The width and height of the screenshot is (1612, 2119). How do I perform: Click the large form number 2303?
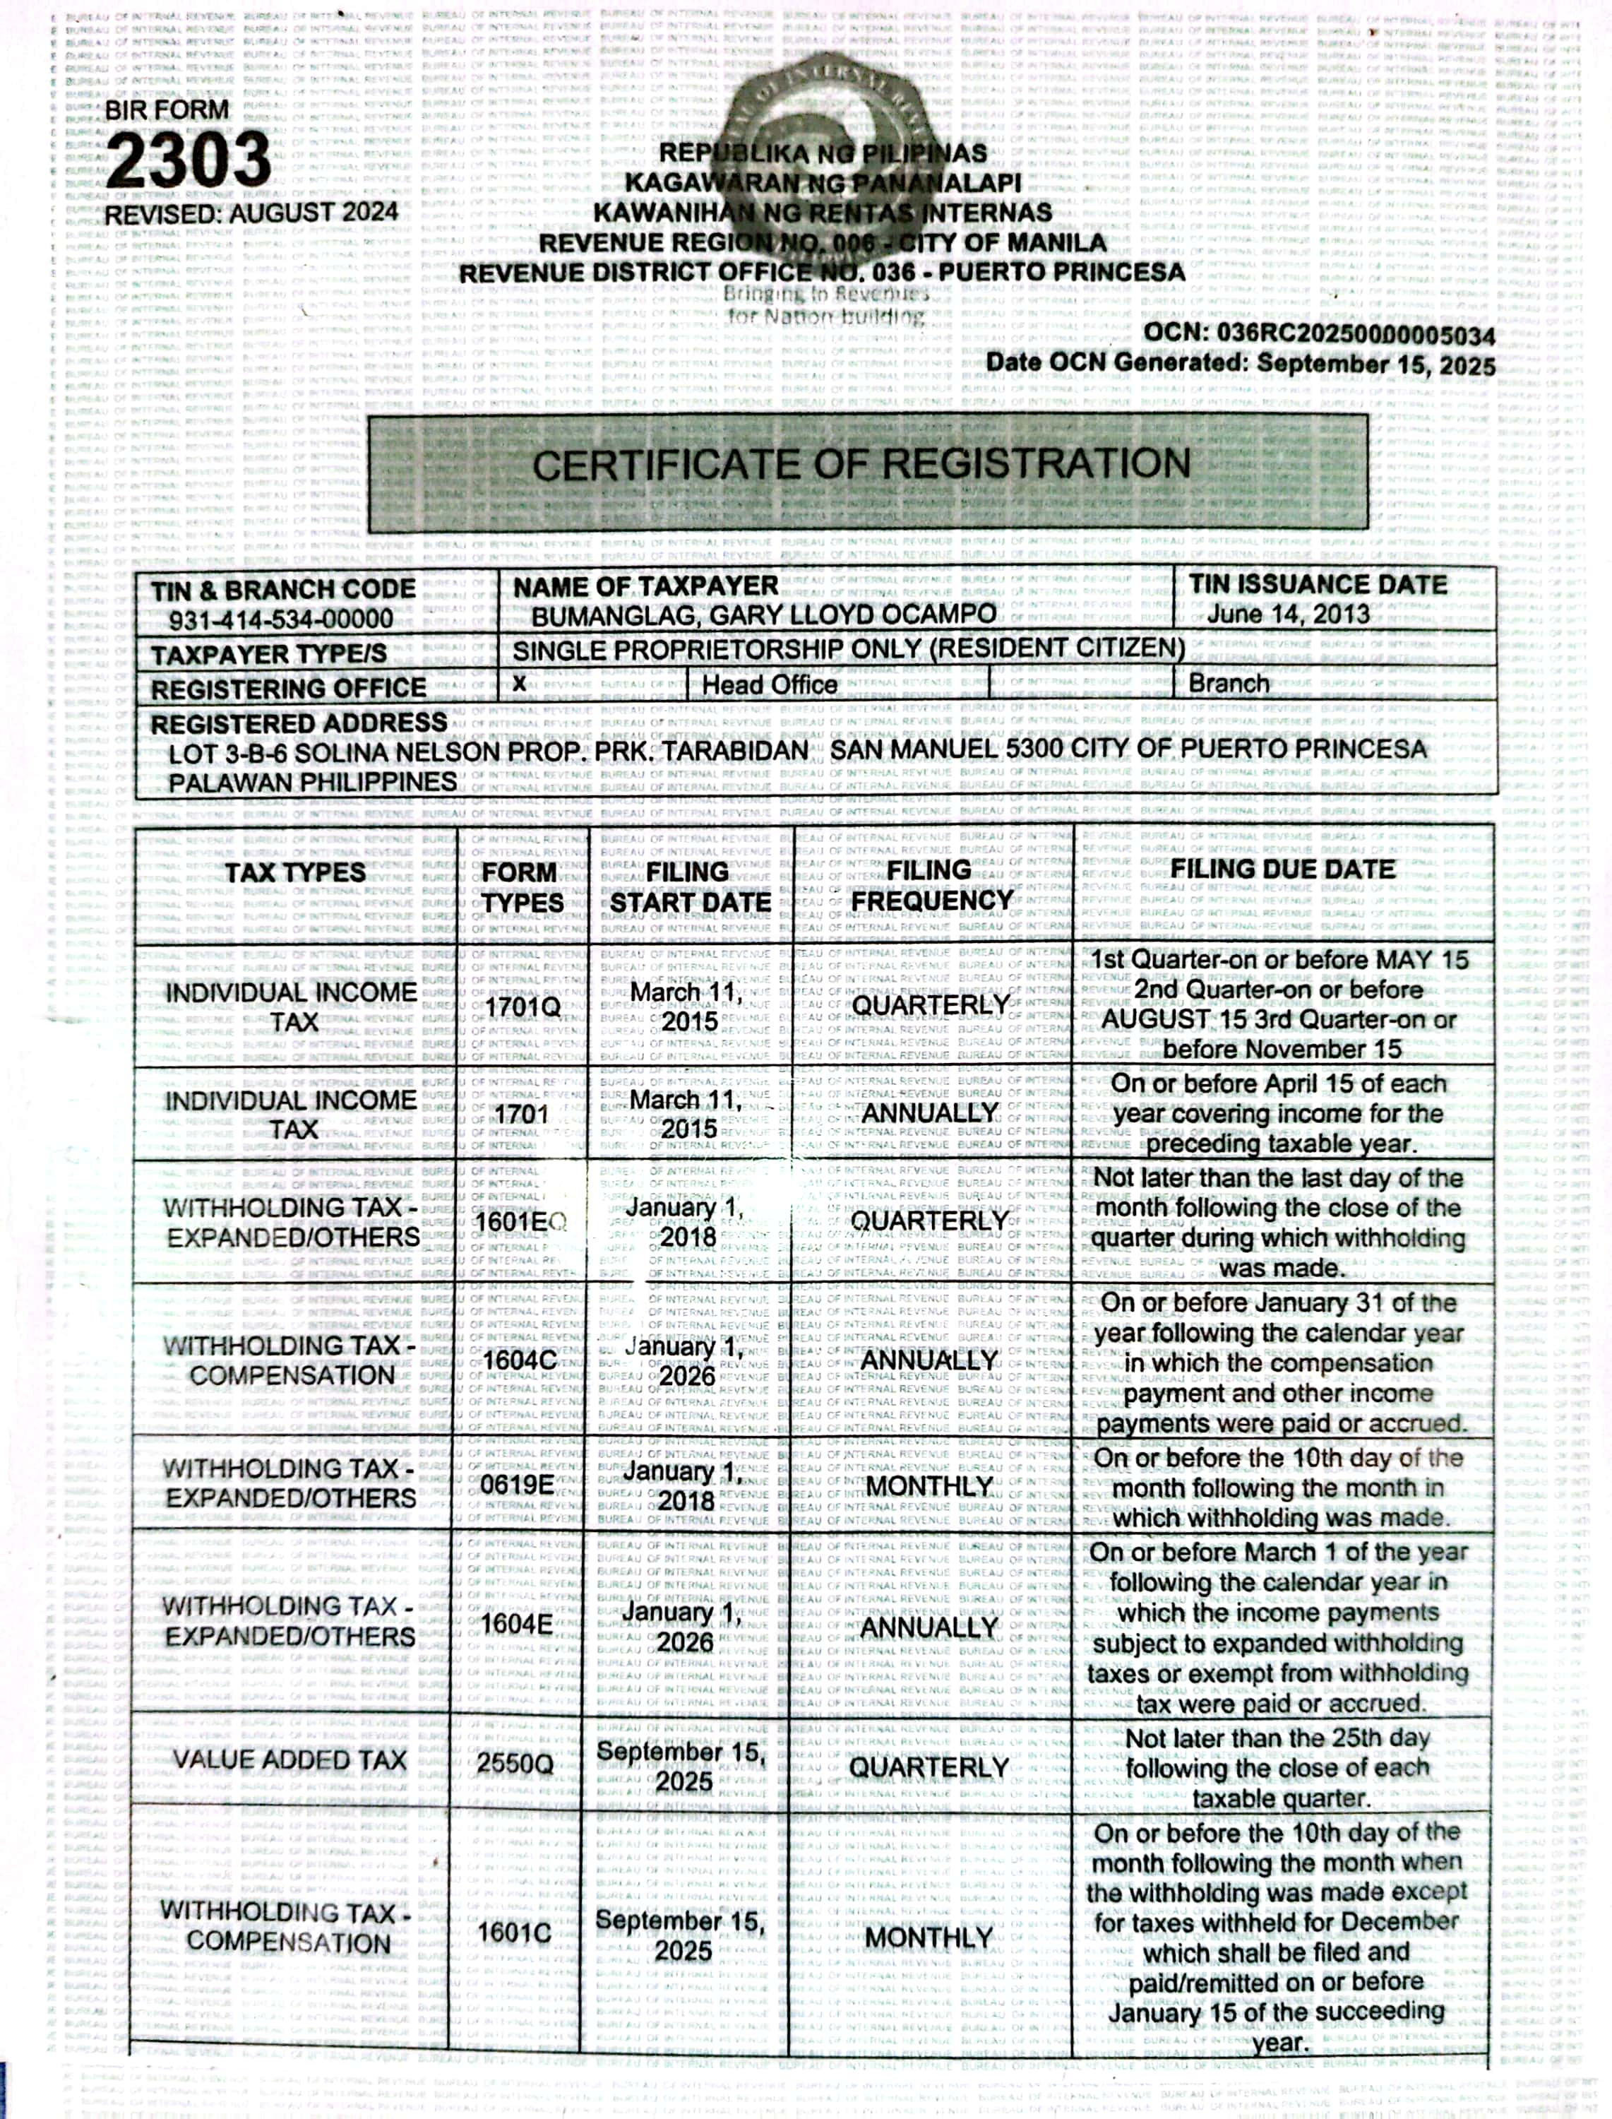click(x=189, y=160)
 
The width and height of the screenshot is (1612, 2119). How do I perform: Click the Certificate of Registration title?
click(x=861, y=465)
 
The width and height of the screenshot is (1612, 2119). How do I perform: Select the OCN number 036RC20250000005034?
click(x=1355, y=335)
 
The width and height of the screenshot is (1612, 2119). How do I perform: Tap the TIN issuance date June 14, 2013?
click(x=1288, y=615)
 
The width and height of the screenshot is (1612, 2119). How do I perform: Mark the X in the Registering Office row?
click(x=519, y=682)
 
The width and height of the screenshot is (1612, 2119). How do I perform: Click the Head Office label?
click(x=770, y=684)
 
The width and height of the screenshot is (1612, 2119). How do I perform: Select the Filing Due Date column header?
click(x=1282, y=869)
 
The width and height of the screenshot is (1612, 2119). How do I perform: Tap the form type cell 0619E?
click(x=517, y=1485)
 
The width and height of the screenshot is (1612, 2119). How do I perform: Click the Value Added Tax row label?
click(x=289, y=1760)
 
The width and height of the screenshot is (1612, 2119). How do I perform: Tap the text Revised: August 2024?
click(x=251, y=213)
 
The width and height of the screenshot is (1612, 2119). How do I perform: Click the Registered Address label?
click(x=299, y=723)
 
